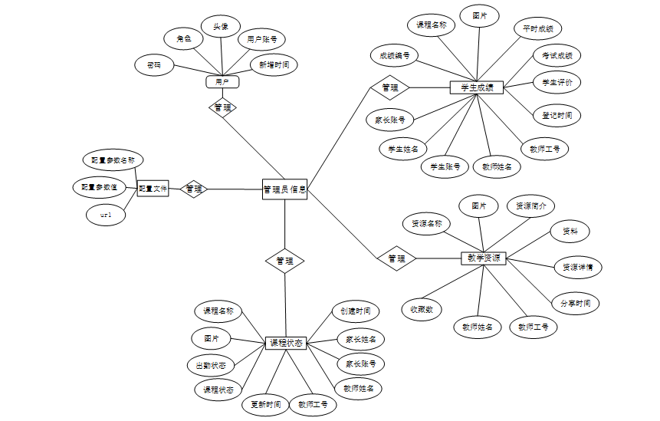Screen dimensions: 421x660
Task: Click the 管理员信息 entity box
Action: (x=284, y=188)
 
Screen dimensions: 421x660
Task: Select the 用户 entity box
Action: (x=222, y=81)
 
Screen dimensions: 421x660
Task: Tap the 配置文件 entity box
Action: (x=153, y=188)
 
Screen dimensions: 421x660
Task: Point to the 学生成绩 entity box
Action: (x=476, y=87)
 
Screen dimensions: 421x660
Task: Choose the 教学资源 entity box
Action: (x=483, y=258)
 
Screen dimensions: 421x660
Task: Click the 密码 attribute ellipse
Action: (x=154, y=65)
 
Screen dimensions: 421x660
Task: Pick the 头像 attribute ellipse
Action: (x=221, y=26)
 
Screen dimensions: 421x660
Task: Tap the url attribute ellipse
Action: (x=107, y=215)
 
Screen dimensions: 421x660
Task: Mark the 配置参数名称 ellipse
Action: (x=113, y=160)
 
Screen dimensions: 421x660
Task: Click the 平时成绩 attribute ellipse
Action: (x=538, y=29)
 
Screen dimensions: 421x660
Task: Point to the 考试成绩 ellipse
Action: (x=557, y=55)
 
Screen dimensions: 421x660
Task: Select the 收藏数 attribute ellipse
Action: (x=421, y=309)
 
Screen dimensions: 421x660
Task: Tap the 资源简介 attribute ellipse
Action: (x=531, y=206)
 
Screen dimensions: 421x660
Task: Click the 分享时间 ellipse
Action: (x=575, y=303)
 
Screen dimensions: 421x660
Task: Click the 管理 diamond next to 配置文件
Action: (x=194, y=188)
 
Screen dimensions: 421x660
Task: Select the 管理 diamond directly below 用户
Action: (x=222, y=107)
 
